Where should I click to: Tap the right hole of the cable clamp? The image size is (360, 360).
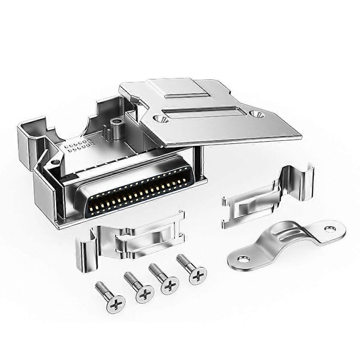coord(330,229)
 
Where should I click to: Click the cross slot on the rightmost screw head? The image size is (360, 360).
coord(198,275)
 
